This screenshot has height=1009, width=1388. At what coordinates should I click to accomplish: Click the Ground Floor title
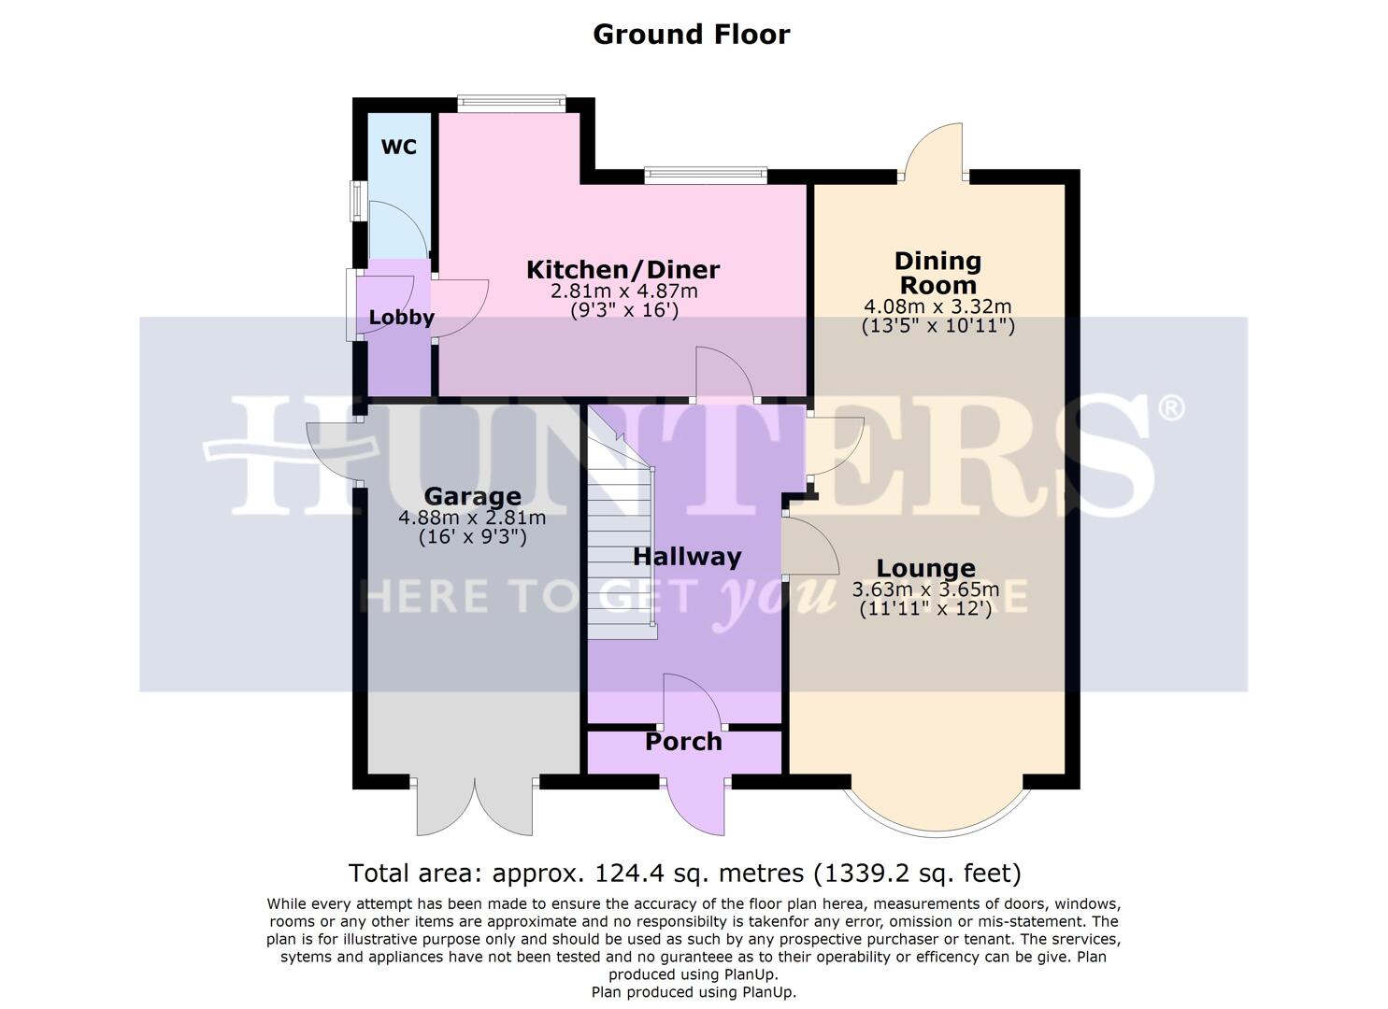point(692,35)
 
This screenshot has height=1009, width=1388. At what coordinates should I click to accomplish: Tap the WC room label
point(399,148)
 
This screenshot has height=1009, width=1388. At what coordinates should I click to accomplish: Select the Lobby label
point(401,318)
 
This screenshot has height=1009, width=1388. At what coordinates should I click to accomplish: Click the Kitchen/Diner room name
point(622,270)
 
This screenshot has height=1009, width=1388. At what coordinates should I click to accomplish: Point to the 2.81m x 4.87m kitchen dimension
point(624,291)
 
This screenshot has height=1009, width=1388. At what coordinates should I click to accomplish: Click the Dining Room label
point(937,273)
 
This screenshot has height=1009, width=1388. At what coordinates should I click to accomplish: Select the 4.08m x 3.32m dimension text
point(937,306)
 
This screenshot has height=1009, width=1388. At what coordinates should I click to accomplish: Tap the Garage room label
point(472,496)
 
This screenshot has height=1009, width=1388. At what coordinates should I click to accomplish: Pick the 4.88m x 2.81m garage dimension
point(472,518)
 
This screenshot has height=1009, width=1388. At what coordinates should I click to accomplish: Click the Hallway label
point(687,557)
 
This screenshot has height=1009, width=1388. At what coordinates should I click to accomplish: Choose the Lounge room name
point(925,568)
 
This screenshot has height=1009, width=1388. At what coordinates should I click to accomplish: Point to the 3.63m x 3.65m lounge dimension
point(925,590)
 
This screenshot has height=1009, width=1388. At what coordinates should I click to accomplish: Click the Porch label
point(683,742)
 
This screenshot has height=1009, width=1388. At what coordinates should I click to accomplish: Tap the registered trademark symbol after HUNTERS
point(1171,407)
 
